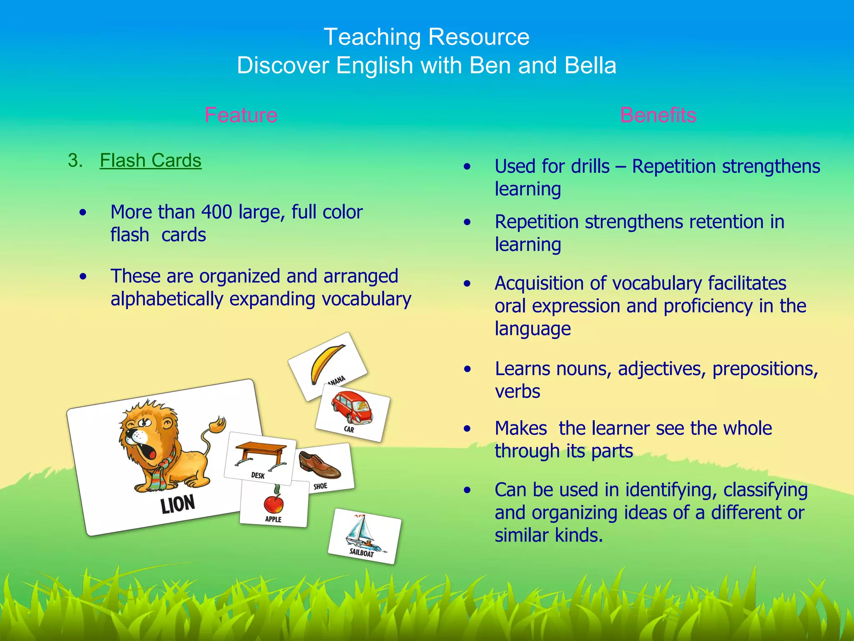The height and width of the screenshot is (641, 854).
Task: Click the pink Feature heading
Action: click(x=241, y=115)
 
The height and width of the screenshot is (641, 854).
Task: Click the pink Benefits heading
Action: click(x=658, y=115)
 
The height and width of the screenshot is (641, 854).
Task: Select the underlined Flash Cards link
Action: click(x=151, y=161)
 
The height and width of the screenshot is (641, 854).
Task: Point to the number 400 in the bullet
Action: click(x=216, y=212)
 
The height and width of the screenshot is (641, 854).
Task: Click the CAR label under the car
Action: click(x=349, y=429)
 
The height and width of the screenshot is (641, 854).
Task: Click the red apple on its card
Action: click(x=274, y=503)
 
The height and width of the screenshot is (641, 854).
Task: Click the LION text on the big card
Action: click(x=178, y=504)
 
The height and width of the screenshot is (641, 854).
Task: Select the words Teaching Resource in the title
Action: click(x=427, y=37)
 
